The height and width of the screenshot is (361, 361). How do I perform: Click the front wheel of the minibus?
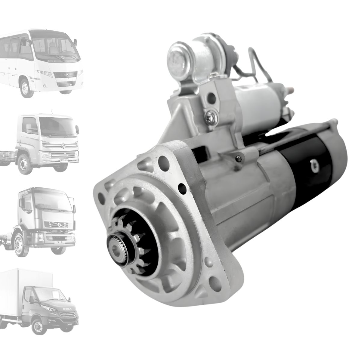point(25,88)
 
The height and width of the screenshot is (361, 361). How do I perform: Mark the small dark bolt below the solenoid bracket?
point(237,158)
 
